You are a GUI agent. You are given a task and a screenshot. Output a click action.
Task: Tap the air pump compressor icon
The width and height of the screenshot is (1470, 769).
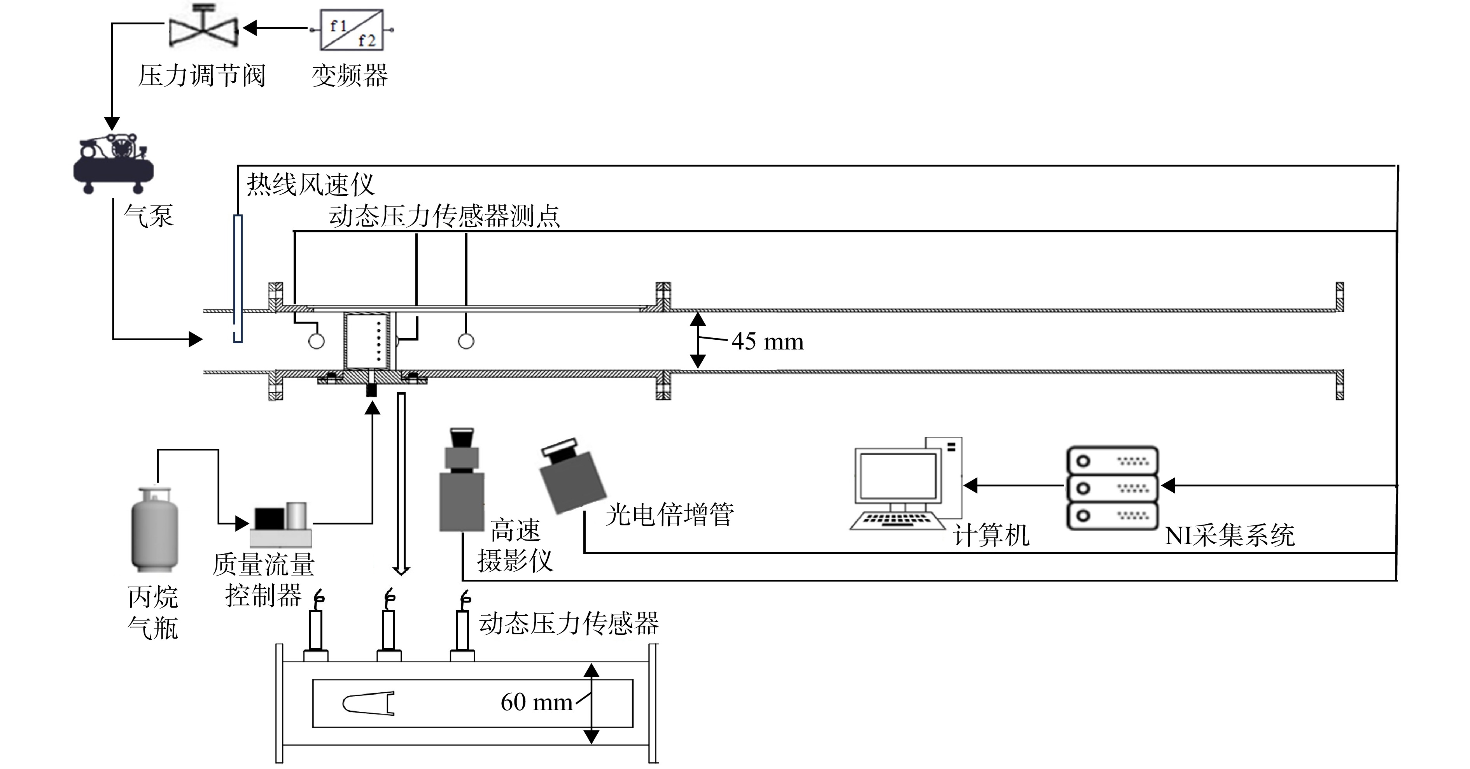pyautogui.click(x=114, y=163)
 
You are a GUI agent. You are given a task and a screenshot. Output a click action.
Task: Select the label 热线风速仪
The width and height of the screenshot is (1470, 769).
pyautogui.click(x=310, y=185)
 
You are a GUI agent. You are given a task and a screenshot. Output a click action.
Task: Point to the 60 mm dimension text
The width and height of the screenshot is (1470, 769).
pyautogui.click(x=536, y=702)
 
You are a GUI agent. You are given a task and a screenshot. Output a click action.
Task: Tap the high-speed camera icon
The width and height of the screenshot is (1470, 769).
pyautogui.click(x=461, y=479)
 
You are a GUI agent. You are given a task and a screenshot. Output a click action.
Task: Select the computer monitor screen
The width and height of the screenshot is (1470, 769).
pyautogui.click(x=898, y=476)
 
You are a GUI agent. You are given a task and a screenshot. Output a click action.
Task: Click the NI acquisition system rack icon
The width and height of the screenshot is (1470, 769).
pyautogui.click(x=1111, y=488)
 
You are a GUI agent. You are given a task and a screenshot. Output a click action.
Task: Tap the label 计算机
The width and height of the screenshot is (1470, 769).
pyautogui.click(x=991, y=535)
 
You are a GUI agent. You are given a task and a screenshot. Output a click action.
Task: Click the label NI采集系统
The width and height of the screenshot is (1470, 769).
pyautogui.click(x=1229, y=535)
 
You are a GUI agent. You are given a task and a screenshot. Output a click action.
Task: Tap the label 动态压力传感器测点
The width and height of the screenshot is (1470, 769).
pyautogui.click(x=444, y=216)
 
